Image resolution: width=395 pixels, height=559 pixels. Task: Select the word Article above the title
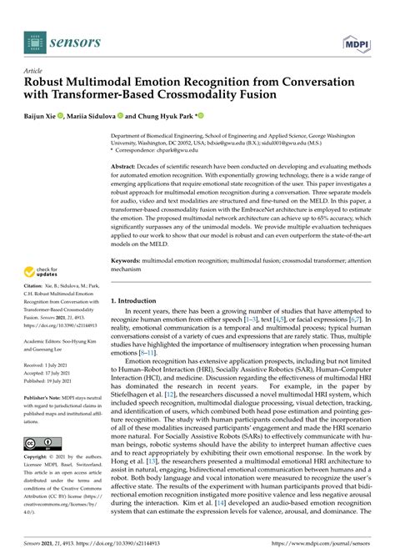pos(34,72)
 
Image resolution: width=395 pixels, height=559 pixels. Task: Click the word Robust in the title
pos(47,84)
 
